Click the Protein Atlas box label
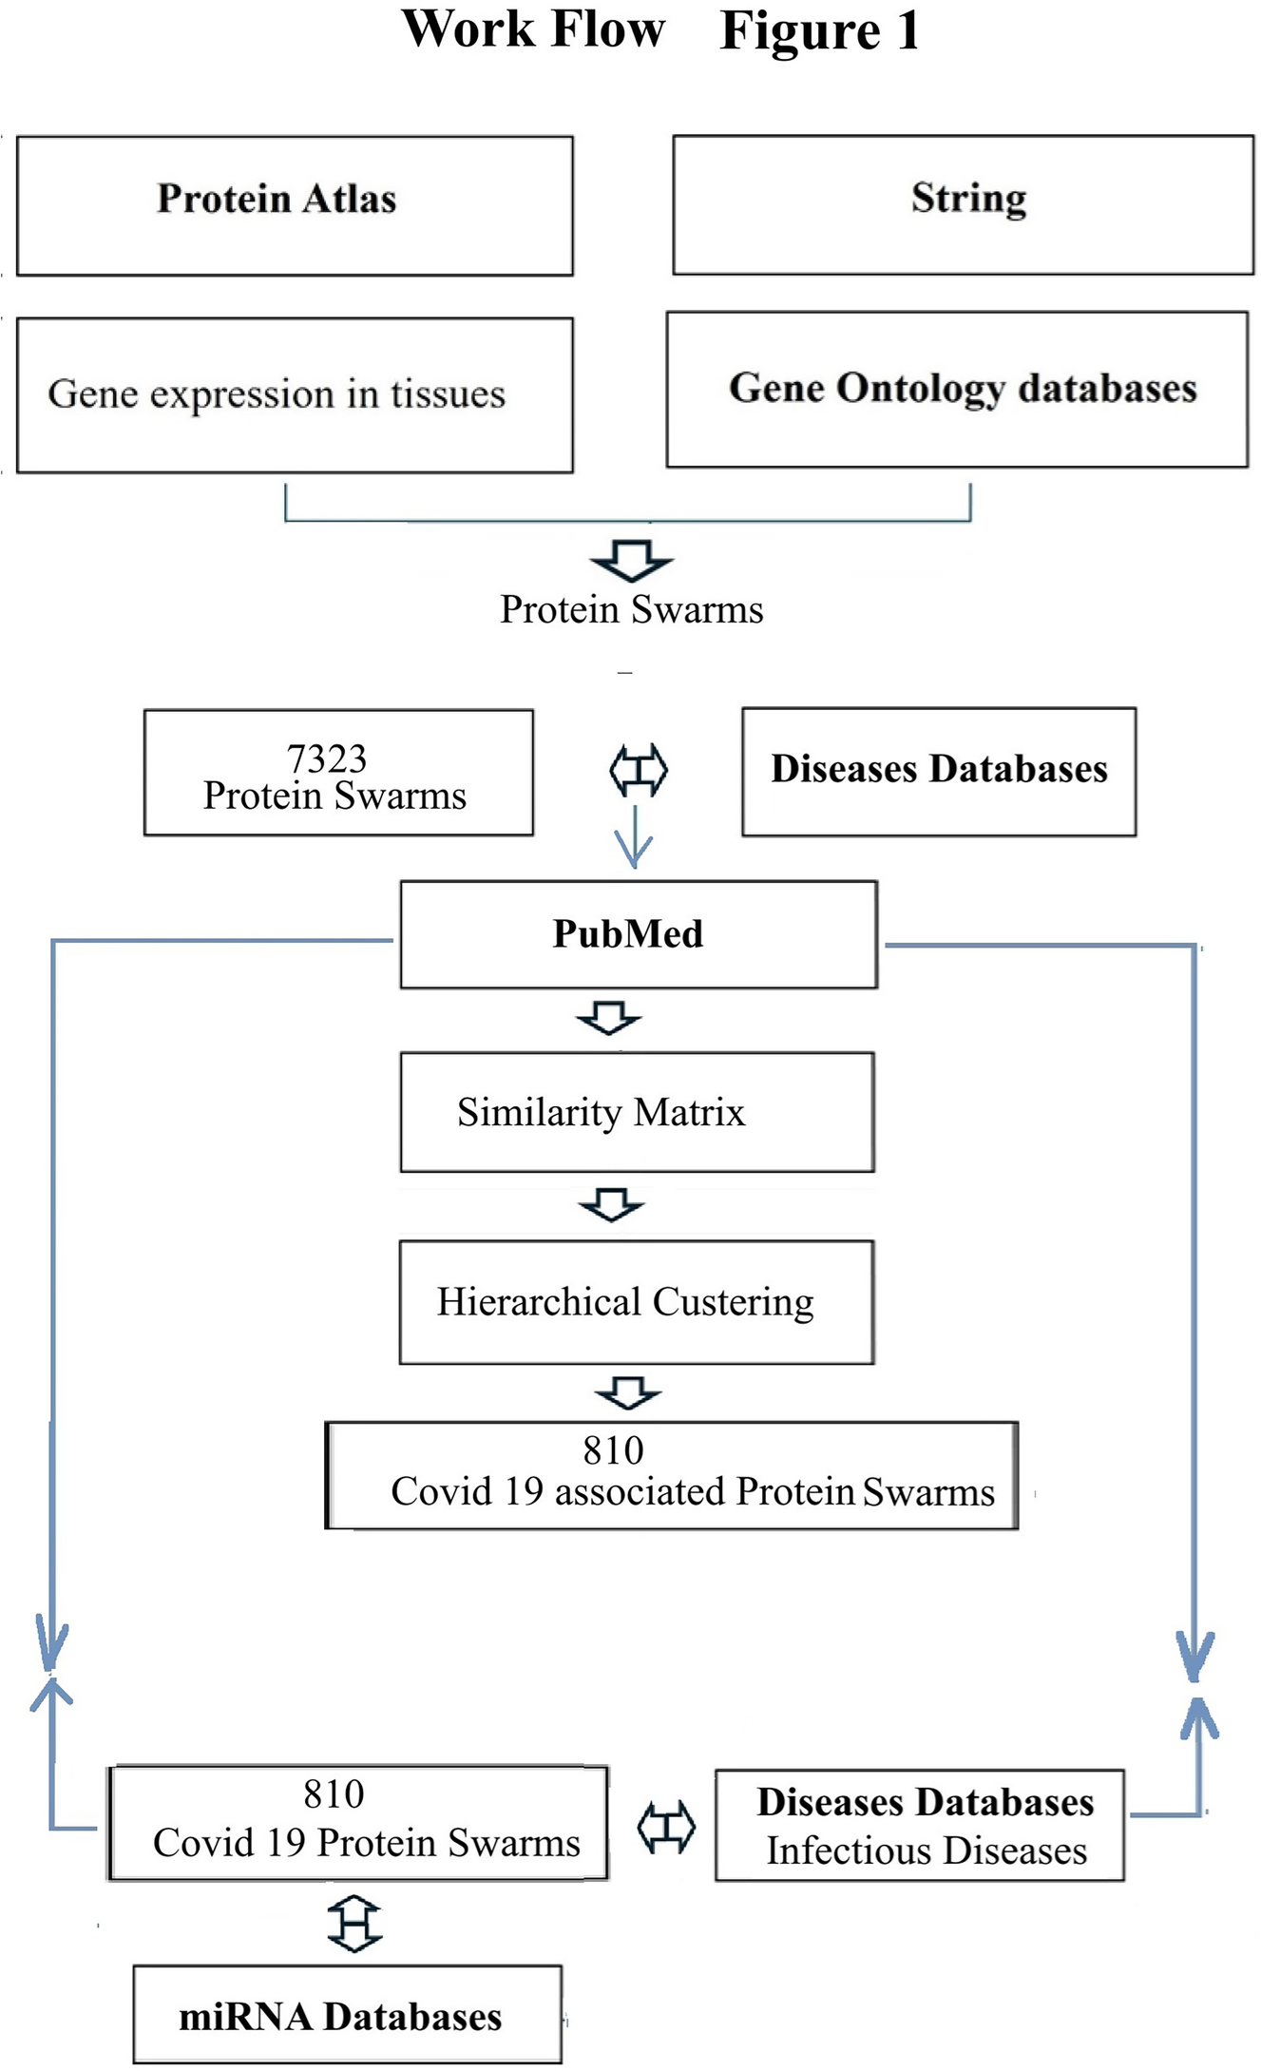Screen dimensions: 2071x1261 point(277,199)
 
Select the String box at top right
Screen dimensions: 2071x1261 point(963,204)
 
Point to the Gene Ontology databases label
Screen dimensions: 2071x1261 point(962,388)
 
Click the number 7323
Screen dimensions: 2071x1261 point(326,758)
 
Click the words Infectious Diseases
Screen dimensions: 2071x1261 point(927,1850)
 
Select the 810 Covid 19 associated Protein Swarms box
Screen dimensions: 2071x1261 point(672,1474)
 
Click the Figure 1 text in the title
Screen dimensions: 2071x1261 point(820,30)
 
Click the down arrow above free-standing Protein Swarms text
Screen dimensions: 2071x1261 point(632,560)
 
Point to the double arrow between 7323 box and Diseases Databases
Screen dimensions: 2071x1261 point(638,770)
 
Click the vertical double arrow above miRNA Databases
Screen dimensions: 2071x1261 point(354,1924)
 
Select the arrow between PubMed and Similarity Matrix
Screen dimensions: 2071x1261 point(609,1017)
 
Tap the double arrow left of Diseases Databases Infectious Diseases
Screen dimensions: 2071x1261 point(665,1827)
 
